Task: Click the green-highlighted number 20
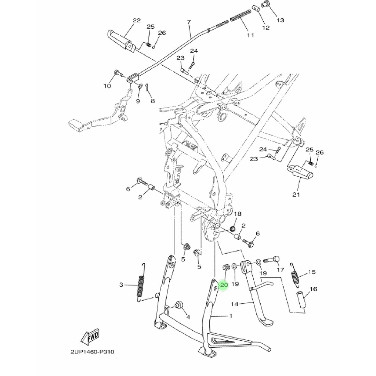pyautogui.click(x=224, y=285)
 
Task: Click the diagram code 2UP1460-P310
pyautogui.click(x=92, y=352)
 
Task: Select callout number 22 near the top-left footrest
pyautogui.click(x=137, y=21)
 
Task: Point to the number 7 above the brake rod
pyautogui.click(x=189, y=22)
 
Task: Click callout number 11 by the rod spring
pyautogui.click(x=250, y=35)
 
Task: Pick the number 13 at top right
pyautogui.click(x=280, y=20)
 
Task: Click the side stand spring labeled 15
pyautogui.click(x=295, y=275)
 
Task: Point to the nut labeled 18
pyautogui.click(x=232, y=228)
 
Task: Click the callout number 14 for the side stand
pyautogui.click(x=235, y=304)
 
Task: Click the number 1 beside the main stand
pyautogui.click(x=231, y=316)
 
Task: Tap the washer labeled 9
pyautogui.click(x=140, y=86)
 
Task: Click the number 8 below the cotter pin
pyautogui.click(x=153, y=101)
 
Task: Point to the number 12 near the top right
pyautogui.click(x=266, y=28)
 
